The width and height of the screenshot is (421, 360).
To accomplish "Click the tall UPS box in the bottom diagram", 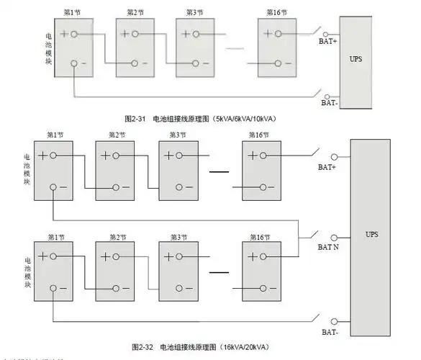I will pos(371,235).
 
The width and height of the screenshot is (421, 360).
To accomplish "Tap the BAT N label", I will pos(329,248).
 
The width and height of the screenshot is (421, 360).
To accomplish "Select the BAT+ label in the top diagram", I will pos(328,42).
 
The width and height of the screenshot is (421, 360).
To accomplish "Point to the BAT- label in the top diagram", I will pos(328,103).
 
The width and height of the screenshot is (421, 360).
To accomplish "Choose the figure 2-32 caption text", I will pos(199,346).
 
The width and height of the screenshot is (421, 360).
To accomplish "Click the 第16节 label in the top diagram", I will pos(278,13).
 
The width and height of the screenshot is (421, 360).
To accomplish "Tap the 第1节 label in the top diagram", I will pos(72,13).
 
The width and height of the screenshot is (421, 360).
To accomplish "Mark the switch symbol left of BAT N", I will pos(312,235).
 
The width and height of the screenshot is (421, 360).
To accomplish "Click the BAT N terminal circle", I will pos(333,237).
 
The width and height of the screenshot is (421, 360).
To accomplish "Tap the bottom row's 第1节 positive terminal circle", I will pos(53,256).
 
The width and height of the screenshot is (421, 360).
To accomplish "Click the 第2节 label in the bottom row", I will pos(117,237).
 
